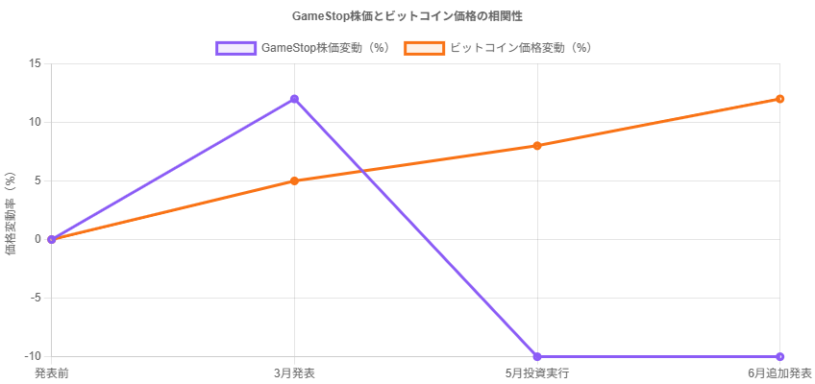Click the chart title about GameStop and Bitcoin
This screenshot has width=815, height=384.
coord(407,16)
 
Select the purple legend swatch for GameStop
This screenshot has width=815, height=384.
coord(235,47)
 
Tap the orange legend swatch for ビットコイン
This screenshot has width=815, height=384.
coord(424,47)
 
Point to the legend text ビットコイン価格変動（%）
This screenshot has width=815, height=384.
coord(521,47)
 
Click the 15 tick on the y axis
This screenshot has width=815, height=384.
coord(35,63)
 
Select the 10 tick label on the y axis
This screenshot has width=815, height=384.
coord(35,122)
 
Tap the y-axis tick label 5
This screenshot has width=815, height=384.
coord(37,180)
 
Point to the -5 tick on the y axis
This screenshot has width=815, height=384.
coord(36,298)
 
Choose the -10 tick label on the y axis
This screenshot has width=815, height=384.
coord(34,356)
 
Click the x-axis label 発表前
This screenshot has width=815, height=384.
coord(51,372)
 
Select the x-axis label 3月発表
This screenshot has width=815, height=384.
coord(294,372)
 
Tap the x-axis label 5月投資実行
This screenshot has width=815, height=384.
coord(537,372)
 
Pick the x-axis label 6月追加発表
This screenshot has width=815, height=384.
coord(779,372)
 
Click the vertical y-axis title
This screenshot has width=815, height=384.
coord(11,209)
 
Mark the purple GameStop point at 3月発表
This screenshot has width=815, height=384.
coord(294,99)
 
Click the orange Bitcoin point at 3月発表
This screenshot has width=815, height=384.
coord(294,180)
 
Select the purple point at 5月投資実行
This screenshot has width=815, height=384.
coord(537,357)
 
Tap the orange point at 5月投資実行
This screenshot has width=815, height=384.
coord(537,146)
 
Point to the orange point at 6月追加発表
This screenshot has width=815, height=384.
coord(779,99)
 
